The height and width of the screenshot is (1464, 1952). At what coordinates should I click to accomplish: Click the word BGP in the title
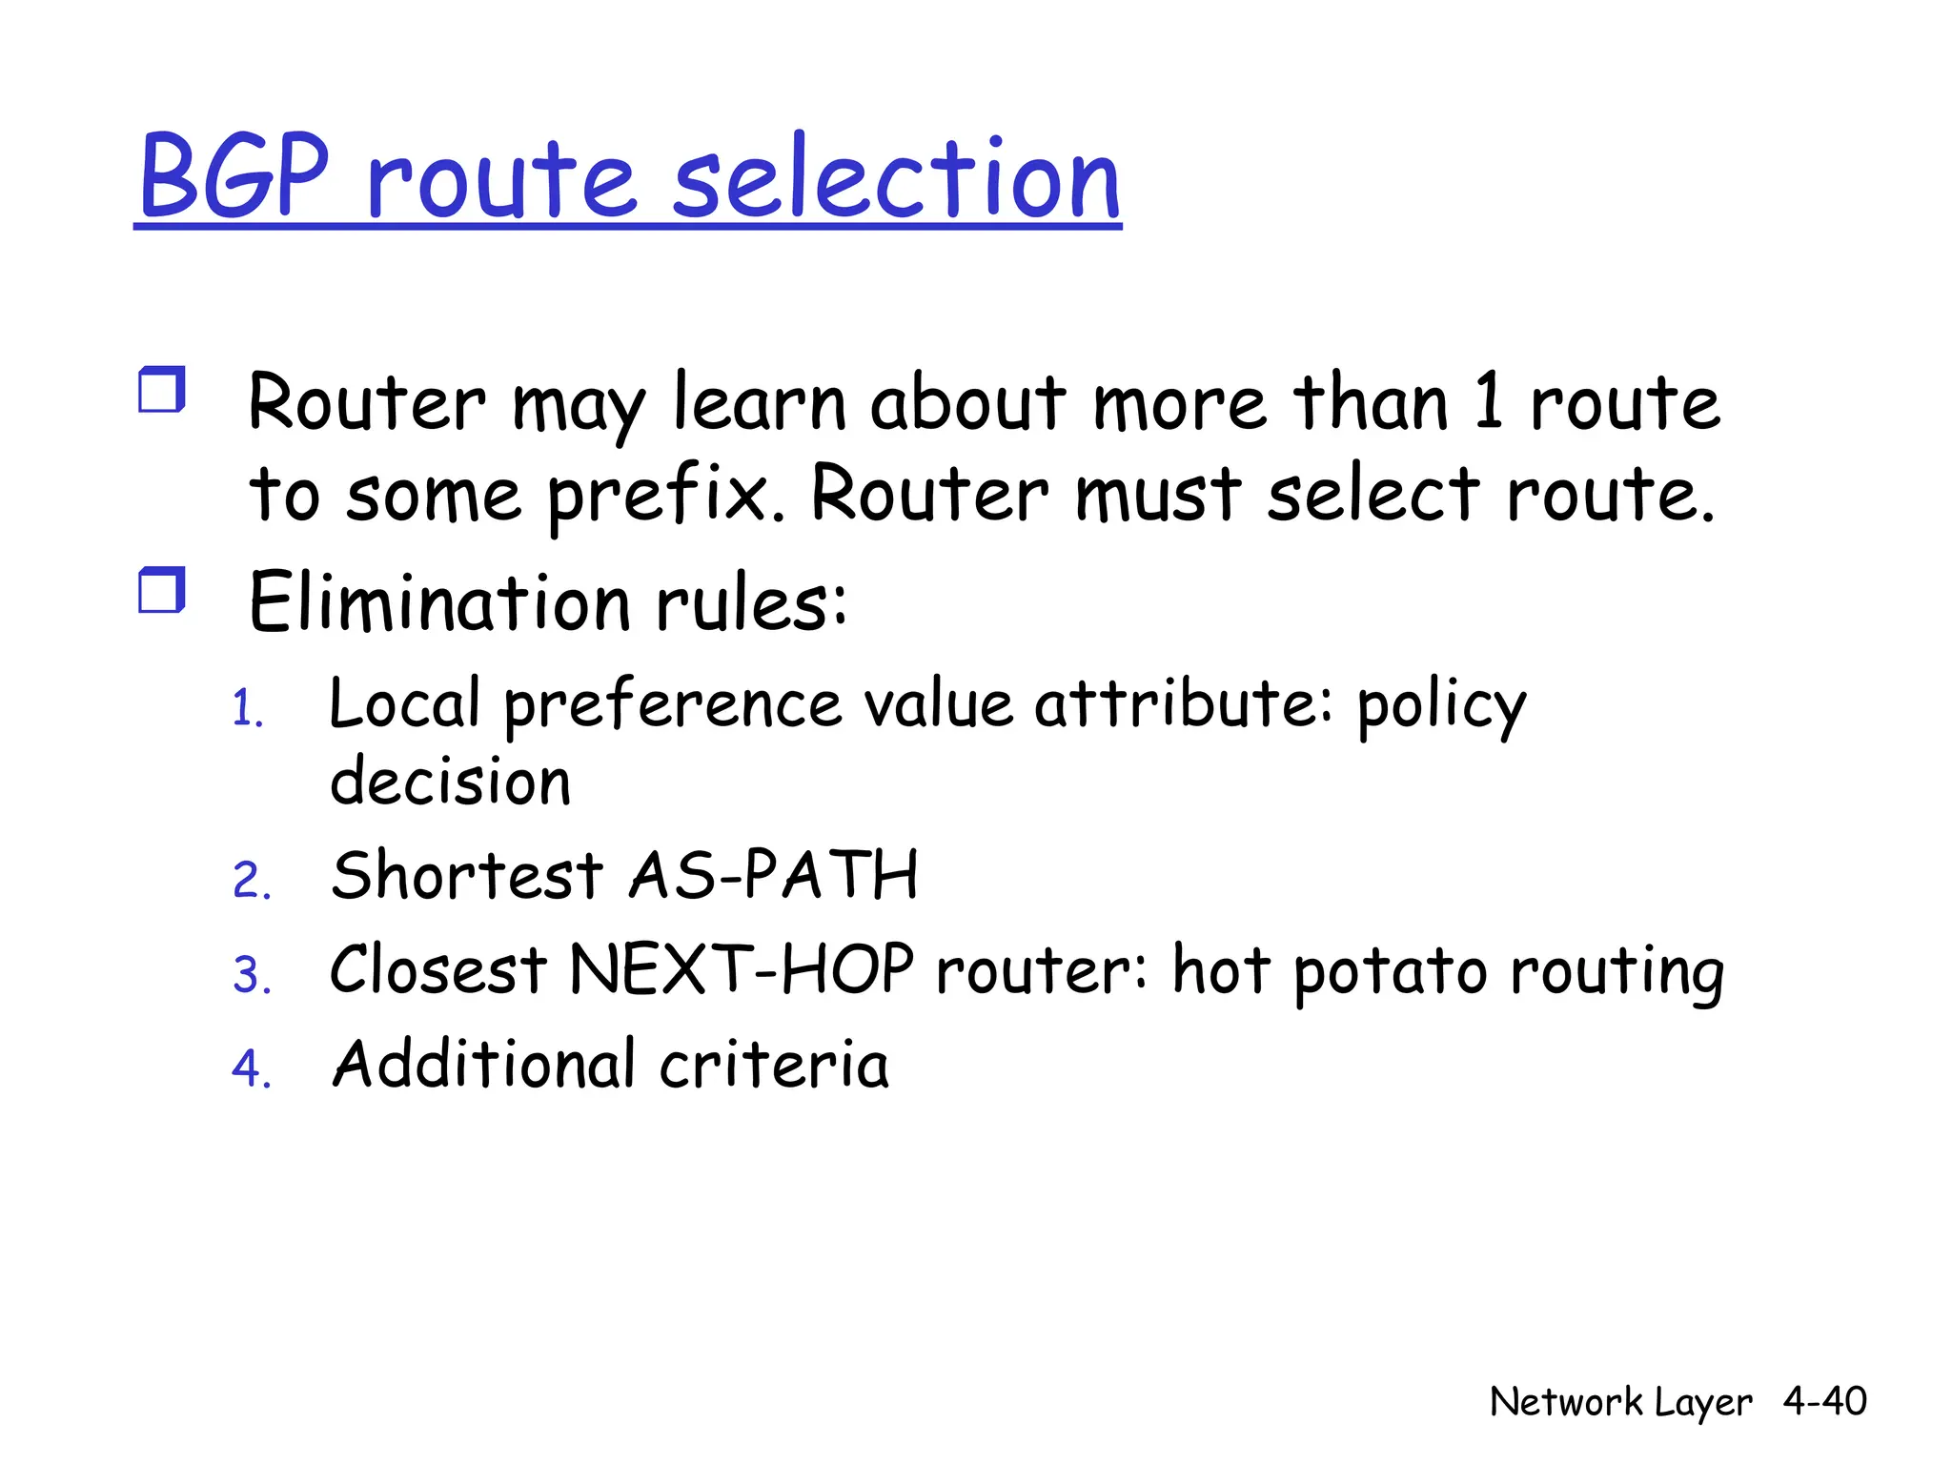pyautogui.click(x=234, y=177)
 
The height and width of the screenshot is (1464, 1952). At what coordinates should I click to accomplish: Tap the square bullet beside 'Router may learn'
pyautogui.click(x=161, y=390)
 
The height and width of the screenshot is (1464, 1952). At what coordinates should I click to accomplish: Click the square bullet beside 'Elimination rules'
pyautogui.click(x=161, y=590)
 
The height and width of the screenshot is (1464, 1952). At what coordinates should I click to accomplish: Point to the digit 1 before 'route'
pyautogui.click(x=1489, y=401)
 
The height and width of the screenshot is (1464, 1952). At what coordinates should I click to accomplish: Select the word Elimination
pyautogui.click(x=439, y=602)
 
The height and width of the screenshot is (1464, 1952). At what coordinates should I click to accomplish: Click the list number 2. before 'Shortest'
pyautogui.click(x=252, y=881)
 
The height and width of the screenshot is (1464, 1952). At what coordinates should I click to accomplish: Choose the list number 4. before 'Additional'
pyautogui.click(x=252, y=1068)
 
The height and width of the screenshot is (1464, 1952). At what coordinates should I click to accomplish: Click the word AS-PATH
pyautogui.click(x=773, y=875)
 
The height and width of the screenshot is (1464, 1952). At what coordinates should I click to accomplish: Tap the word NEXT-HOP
pyautogui.click(x=742, y=969)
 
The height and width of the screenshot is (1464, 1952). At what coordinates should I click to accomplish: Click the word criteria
pyautogui.click(x=773, y=1065)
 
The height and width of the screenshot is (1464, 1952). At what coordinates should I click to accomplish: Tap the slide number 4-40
pyautogui.click(x=1824, y=1401)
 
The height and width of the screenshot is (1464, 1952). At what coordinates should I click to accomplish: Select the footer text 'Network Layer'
pyautogui.click(x=1620, y=1402)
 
